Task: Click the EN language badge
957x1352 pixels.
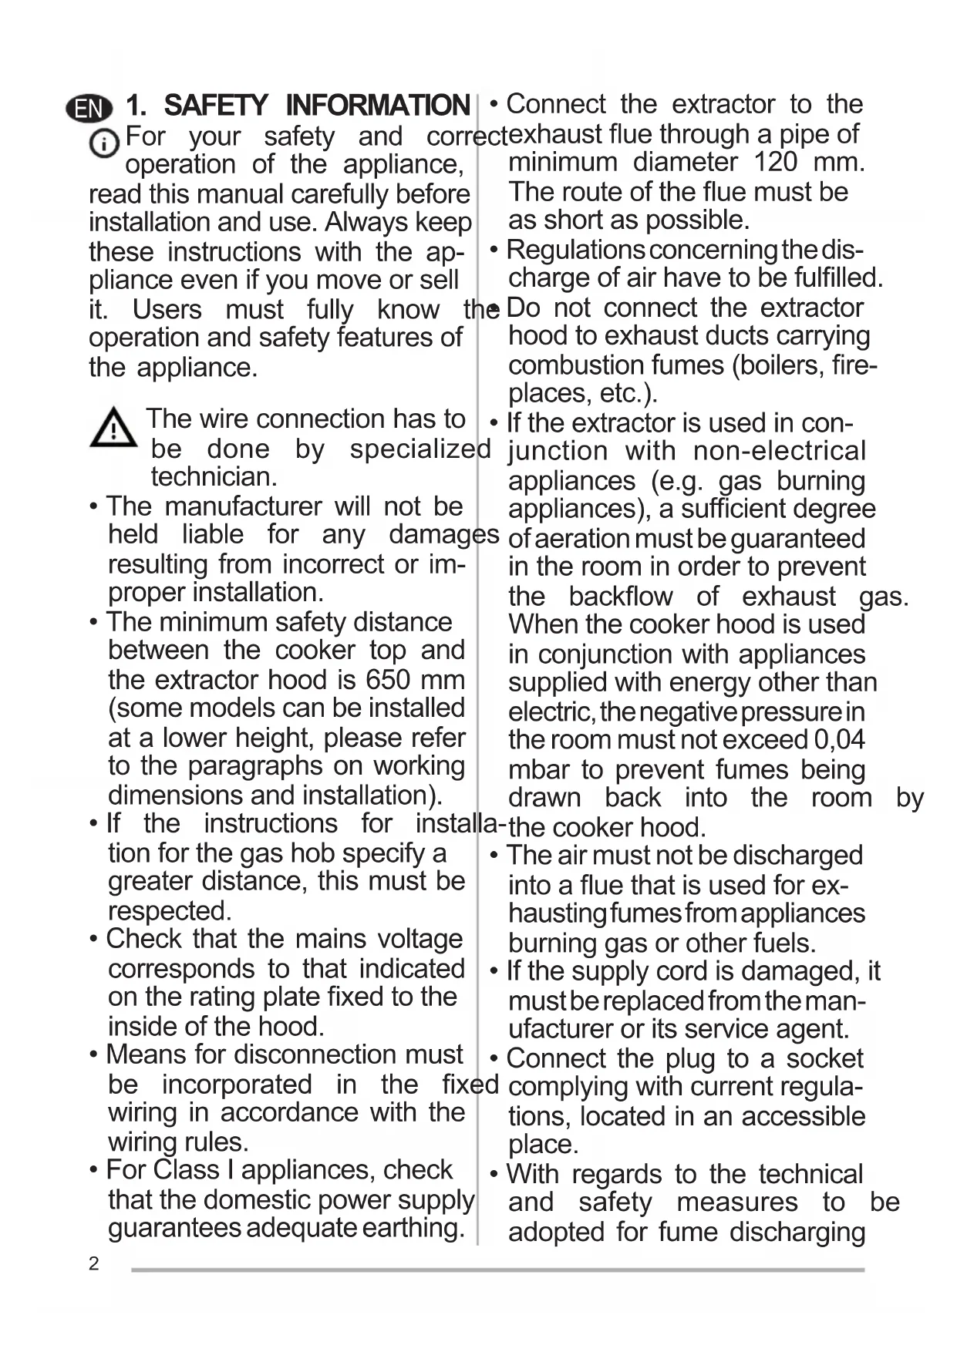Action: [x=89, y=108]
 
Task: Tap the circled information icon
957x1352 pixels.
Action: [x=103, y=143]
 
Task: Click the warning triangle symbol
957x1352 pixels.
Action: [x=113, y=428]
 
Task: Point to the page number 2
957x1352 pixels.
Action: [x=94, y=1264]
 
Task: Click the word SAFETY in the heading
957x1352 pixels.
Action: [x=216, y=106]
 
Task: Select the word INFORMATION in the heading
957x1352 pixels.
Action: [x=377, y=106]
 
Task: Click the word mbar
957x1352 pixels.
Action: [x=538, y=770]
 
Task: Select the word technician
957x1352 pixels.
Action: [x=214, y=477]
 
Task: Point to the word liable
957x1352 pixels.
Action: [x=213, y=535]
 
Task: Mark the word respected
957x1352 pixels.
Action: [x=170, y=911]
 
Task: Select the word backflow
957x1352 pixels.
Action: [x=621, y=597]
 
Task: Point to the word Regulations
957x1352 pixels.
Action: [x=575, y=251]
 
